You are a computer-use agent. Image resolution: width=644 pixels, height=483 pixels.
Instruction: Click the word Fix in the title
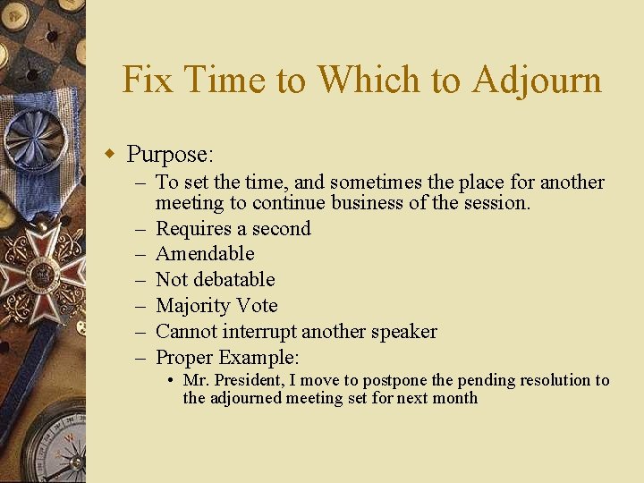click(146, 80)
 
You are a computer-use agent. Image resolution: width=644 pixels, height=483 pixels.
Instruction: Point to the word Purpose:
click(170, 155)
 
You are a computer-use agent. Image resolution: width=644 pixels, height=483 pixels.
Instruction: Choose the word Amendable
click(205, 254)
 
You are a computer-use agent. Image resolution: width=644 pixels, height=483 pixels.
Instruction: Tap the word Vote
click(258, 306)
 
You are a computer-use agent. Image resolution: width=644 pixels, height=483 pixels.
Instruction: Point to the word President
click(250, 380)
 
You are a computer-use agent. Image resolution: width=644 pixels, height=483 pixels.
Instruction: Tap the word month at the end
click(454, 398)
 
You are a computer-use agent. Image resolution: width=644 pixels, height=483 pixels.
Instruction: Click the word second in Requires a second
click(280, 228)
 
